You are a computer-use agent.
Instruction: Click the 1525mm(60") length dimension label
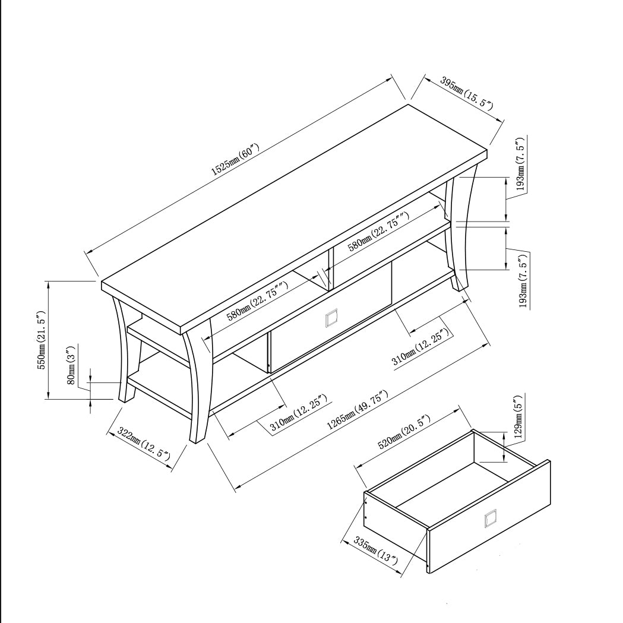point(236,160)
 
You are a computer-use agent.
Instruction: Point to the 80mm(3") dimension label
point(71,365)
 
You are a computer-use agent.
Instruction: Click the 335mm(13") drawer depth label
point(375,551)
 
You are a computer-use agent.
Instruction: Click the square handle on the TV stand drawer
point(331,319)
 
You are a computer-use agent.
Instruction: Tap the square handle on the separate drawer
point(491,519)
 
